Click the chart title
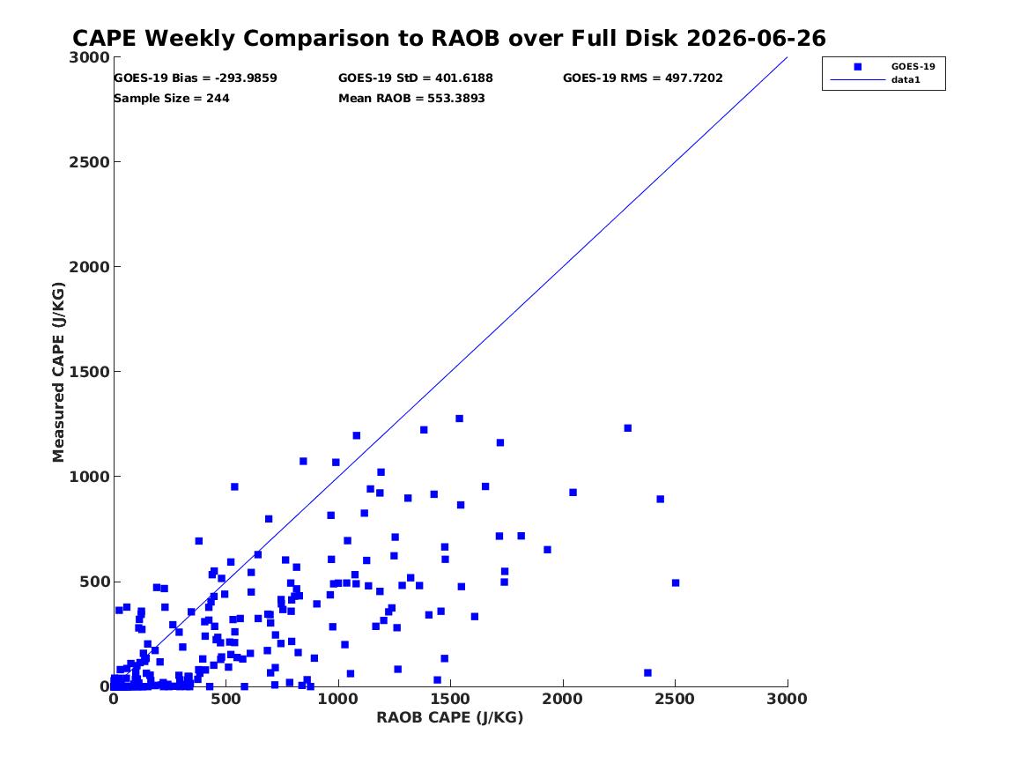[449, 38]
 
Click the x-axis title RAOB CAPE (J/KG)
[450, 717]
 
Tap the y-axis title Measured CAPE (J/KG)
[58, 372]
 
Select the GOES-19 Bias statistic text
[196, 78]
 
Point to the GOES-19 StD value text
[416, 78]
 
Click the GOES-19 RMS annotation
[642, 78]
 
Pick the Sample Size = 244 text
[172, 99]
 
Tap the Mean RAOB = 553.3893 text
[411, 99]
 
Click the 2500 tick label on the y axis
[89, 162]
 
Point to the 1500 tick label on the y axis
[89, 372]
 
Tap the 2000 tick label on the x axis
[563, 699]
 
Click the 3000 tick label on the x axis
[787, 699]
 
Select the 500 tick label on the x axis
[226, 699]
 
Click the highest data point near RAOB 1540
[459, 419]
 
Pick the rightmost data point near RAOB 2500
[676, 582]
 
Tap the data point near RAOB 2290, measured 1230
[627, 428]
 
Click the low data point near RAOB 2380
[647, 672]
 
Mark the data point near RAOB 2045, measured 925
[573, 493]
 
